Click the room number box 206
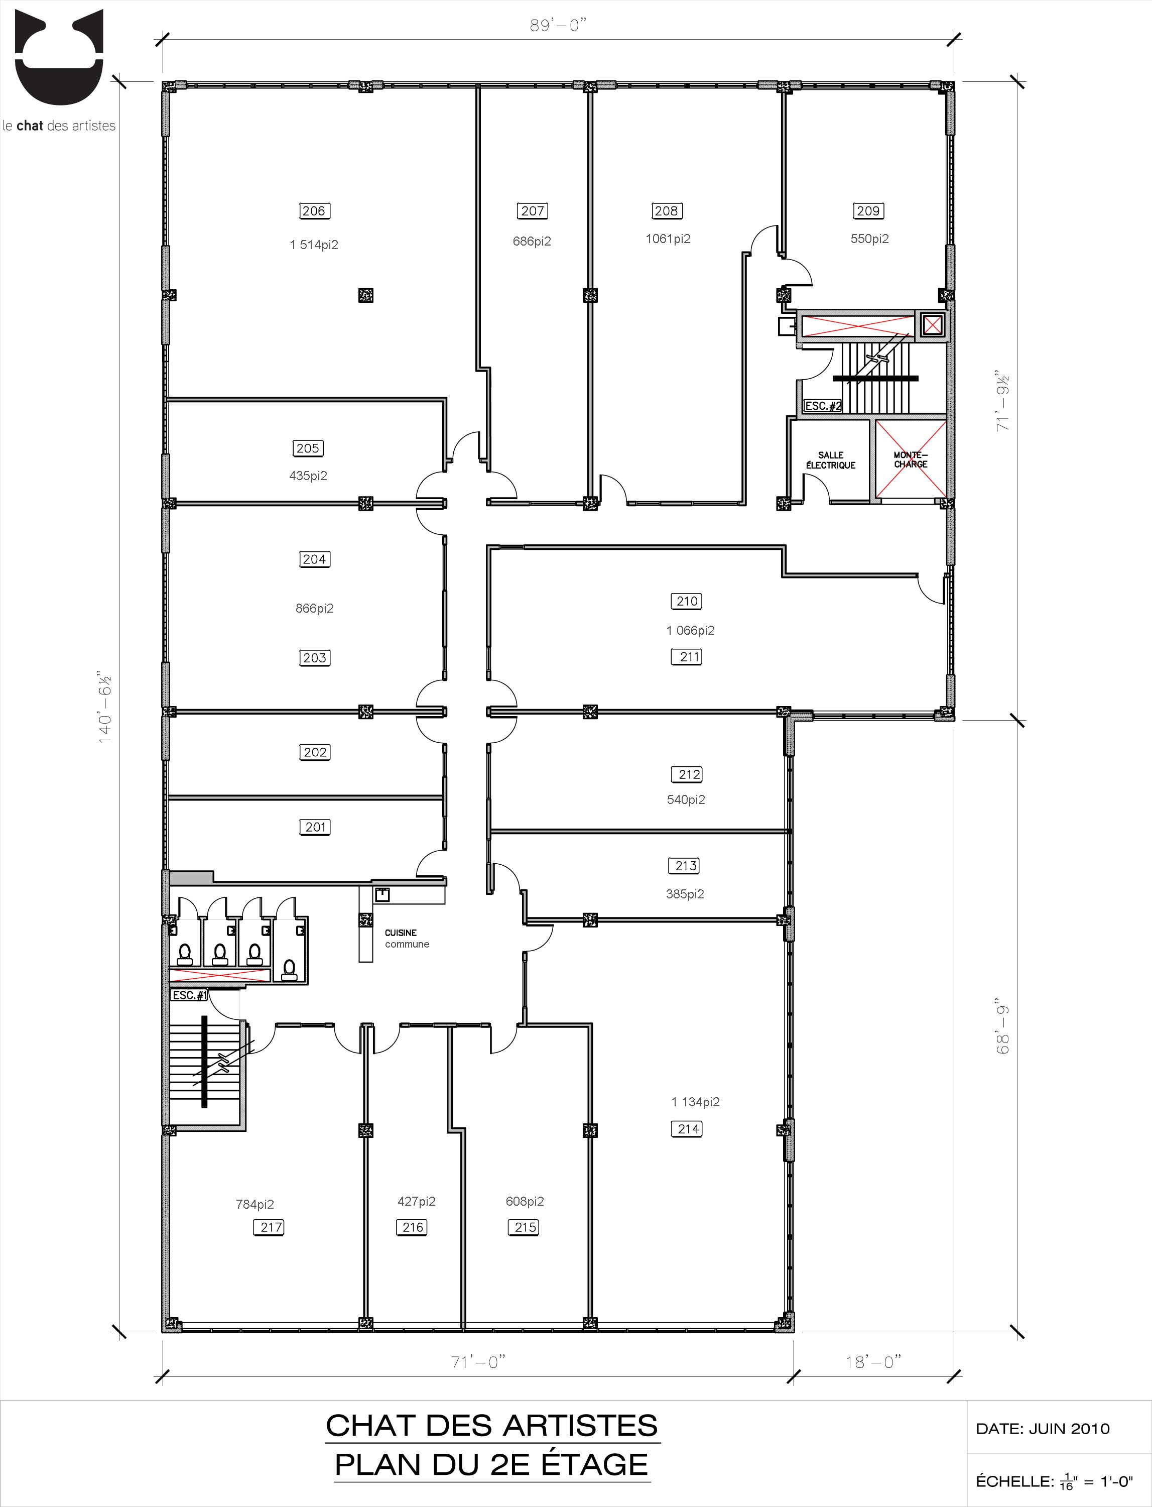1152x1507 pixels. [314, 210]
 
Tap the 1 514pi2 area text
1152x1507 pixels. [314, 245]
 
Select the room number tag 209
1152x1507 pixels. [868, 210]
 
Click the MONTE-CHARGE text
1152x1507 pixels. [911, 459]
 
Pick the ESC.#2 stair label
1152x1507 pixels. [823, 406]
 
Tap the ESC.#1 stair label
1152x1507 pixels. [189, 995]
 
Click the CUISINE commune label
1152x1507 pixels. [407, 939]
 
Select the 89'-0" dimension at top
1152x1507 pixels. [559, 26]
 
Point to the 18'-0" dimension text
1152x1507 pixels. [873, 1362]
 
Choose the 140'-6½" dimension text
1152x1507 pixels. [105, 707]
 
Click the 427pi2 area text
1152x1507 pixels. [416, 1201]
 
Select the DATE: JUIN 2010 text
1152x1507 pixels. [1042, 1429]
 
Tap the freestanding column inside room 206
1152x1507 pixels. [365, 295]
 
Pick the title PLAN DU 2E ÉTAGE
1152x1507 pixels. [491, 1464]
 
